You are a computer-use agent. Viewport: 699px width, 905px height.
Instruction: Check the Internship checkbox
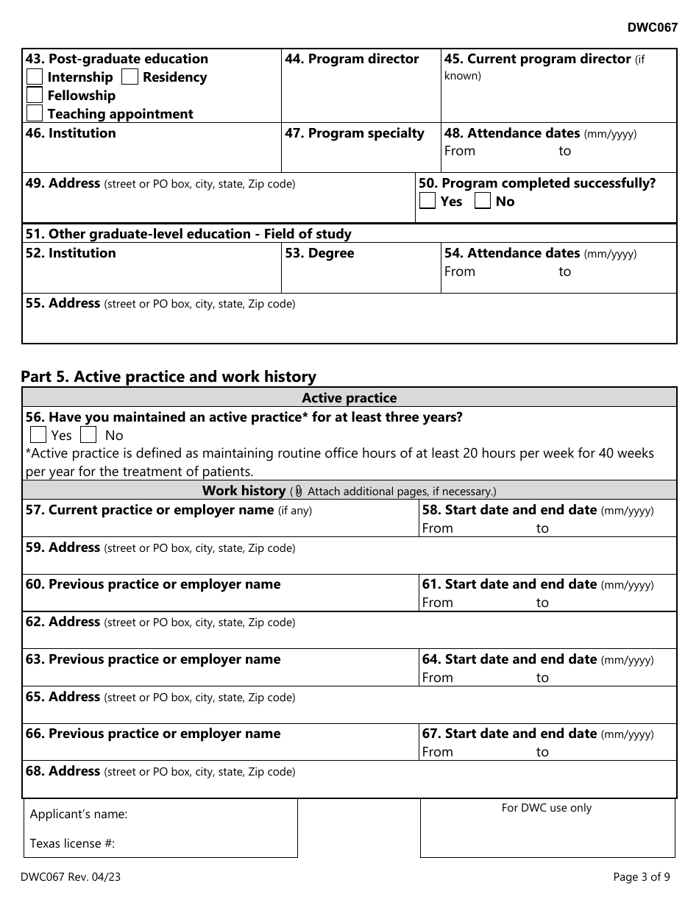coord(35,77)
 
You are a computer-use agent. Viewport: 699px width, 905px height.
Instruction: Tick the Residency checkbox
coord(129,77)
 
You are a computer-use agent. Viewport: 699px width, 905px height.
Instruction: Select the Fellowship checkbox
coord(35,96)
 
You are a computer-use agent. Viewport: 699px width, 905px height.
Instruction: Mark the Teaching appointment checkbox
coord(35,113)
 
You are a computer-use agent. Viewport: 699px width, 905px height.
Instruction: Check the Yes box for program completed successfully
coord(427,202)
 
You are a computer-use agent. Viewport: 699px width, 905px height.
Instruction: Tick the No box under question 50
coord(483,202)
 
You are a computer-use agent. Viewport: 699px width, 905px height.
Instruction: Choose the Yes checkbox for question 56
coord(38,435)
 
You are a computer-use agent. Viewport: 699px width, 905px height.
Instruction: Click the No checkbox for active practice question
coord(89,435)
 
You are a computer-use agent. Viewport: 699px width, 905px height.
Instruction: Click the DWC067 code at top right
coord(652,28)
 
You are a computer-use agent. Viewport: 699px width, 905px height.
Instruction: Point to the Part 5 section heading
coord(168,377)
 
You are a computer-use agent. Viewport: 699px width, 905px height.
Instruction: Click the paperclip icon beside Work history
coord(299,491)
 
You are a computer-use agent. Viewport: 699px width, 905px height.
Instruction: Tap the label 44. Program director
coord(352,59)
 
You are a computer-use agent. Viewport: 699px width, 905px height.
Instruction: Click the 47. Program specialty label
coord(354,133)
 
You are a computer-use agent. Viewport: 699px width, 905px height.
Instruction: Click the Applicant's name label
coord(79,814)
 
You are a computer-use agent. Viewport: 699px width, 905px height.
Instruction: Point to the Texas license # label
coord(72,843)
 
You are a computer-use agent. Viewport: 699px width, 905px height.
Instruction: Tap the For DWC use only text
coord(547,808)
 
